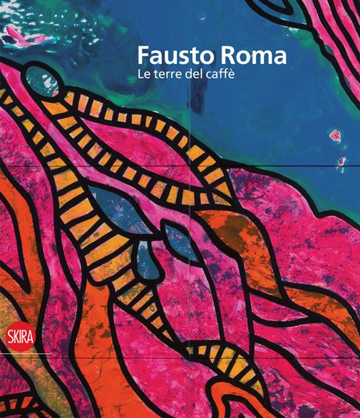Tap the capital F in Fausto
point(142,55)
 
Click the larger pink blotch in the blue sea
point(335,136)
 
